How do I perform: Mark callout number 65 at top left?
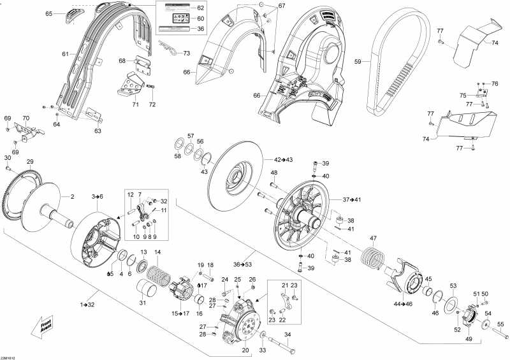[x=48, y=13]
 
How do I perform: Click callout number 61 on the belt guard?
[x=65, y=54]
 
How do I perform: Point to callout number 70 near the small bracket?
[x=25, y=119]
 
